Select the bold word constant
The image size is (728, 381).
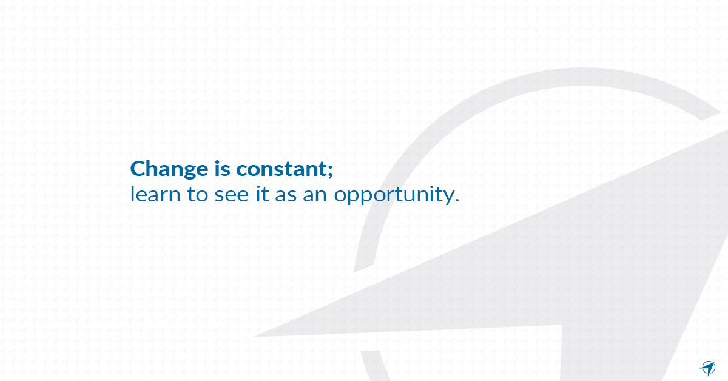coord(281,169)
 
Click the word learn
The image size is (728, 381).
coord(151,195)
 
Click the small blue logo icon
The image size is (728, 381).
coord(708,368)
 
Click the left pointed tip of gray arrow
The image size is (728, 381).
coord(257,336)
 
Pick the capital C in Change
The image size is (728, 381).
coord(138,169)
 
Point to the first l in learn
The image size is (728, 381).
coord(132,194)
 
